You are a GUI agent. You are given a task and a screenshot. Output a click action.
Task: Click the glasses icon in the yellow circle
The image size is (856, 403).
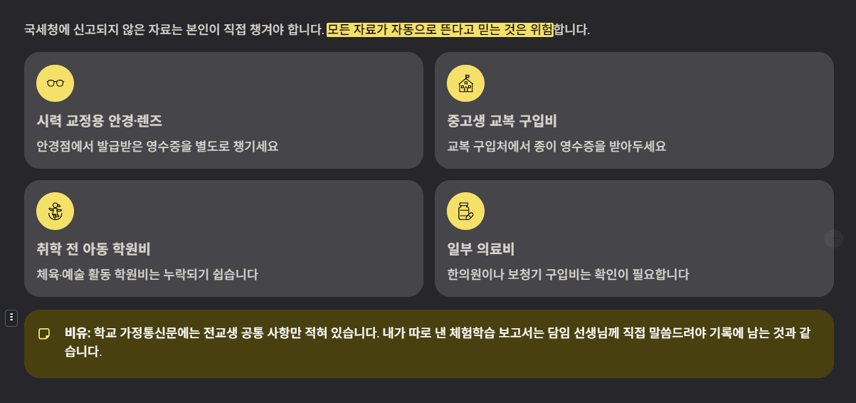[x=56, y=83]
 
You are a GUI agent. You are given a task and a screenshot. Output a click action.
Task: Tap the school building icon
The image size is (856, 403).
[x=465, y=83]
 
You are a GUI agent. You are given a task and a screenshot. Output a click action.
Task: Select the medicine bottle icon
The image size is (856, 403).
[x=465, y=211]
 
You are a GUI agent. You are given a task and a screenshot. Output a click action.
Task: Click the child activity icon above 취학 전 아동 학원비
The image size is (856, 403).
[x=56, y=211]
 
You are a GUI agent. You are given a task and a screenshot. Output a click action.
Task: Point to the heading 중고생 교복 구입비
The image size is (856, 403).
[x=502, y=121]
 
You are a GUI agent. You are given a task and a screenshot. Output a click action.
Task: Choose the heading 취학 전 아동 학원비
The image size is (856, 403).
[x=93, y=249]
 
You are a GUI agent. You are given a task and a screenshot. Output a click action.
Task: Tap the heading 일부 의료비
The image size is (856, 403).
[x=480, y=249]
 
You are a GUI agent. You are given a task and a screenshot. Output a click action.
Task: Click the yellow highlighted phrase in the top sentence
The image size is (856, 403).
[x=440, y=30]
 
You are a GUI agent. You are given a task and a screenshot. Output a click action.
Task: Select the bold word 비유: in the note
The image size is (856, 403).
[x=78, y=333]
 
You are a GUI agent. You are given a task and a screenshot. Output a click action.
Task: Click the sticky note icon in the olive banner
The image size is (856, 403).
[x=44, y=333]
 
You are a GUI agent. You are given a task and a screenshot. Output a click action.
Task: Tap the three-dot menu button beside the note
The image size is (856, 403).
[x=11, y=318]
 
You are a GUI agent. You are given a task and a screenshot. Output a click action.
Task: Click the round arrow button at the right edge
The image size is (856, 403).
[x=833, y=239]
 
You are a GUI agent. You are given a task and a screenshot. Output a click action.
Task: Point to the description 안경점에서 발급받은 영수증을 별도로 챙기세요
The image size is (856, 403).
[x=157, y=147]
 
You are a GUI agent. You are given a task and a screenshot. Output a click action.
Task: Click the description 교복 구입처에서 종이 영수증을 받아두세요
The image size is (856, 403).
[x=556, y=147]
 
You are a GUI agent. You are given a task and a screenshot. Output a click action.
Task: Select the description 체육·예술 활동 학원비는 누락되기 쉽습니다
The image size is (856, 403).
[x=147, y=274]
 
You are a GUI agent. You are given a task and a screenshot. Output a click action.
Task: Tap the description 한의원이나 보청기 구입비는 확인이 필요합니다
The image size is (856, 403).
[x=568, y=274]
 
